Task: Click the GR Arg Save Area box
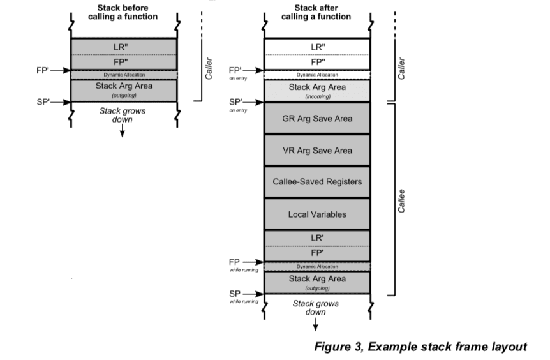317,119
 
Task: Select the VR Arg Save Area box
317,151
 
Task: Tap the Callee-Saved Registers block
317,182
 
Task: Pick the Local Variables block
317,214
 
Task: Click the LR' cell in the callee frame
317,237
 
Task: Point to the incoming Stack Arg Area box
317,90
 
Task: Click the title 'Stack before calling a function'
123,12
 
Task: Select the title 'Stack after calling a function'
316,12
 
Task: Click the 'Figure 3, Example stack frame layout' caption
420,347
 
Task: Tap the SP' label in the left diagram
44,101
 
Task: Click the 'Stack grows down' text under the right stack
315,308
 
